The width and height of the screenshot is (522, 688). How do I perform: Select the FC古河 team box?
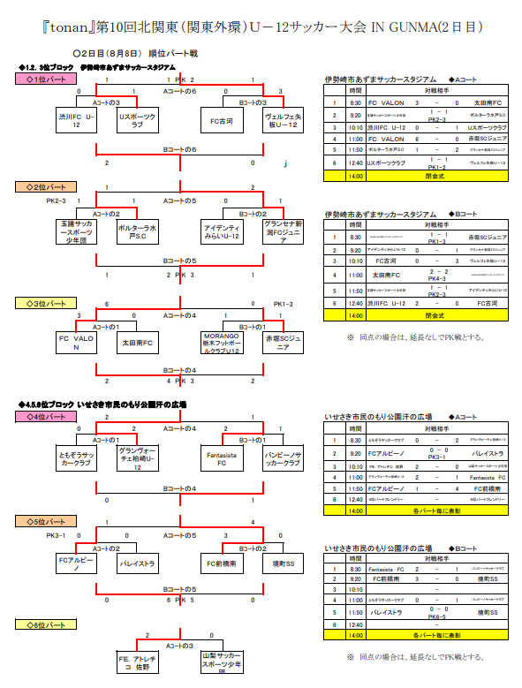point(221,121)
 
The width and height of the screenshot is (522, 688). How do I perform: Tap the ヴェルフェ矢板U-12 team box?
point(284,121)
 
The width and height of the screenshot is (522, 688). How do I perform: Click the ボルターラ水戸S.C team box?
point(137,231)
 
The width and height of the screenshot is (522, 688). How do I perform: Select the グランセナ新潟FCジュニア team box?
point(284,231)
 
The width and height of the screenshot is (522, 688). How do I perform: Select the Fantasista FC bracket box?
point(221,457)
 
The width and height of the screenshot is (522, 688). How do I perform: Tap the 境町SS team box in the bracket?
point(284,563)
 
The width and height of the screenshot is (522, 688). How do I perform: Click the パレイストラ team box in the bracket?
point(137,563)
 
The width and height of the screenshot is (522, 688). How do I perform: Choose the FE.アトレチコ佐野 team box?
point(137,662)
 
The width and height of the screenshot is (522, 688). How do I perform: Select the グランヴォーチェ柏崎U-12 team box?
point(137,457)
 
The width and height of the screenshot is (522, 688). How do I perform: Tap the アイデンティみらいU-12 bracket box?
point(221,231)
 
